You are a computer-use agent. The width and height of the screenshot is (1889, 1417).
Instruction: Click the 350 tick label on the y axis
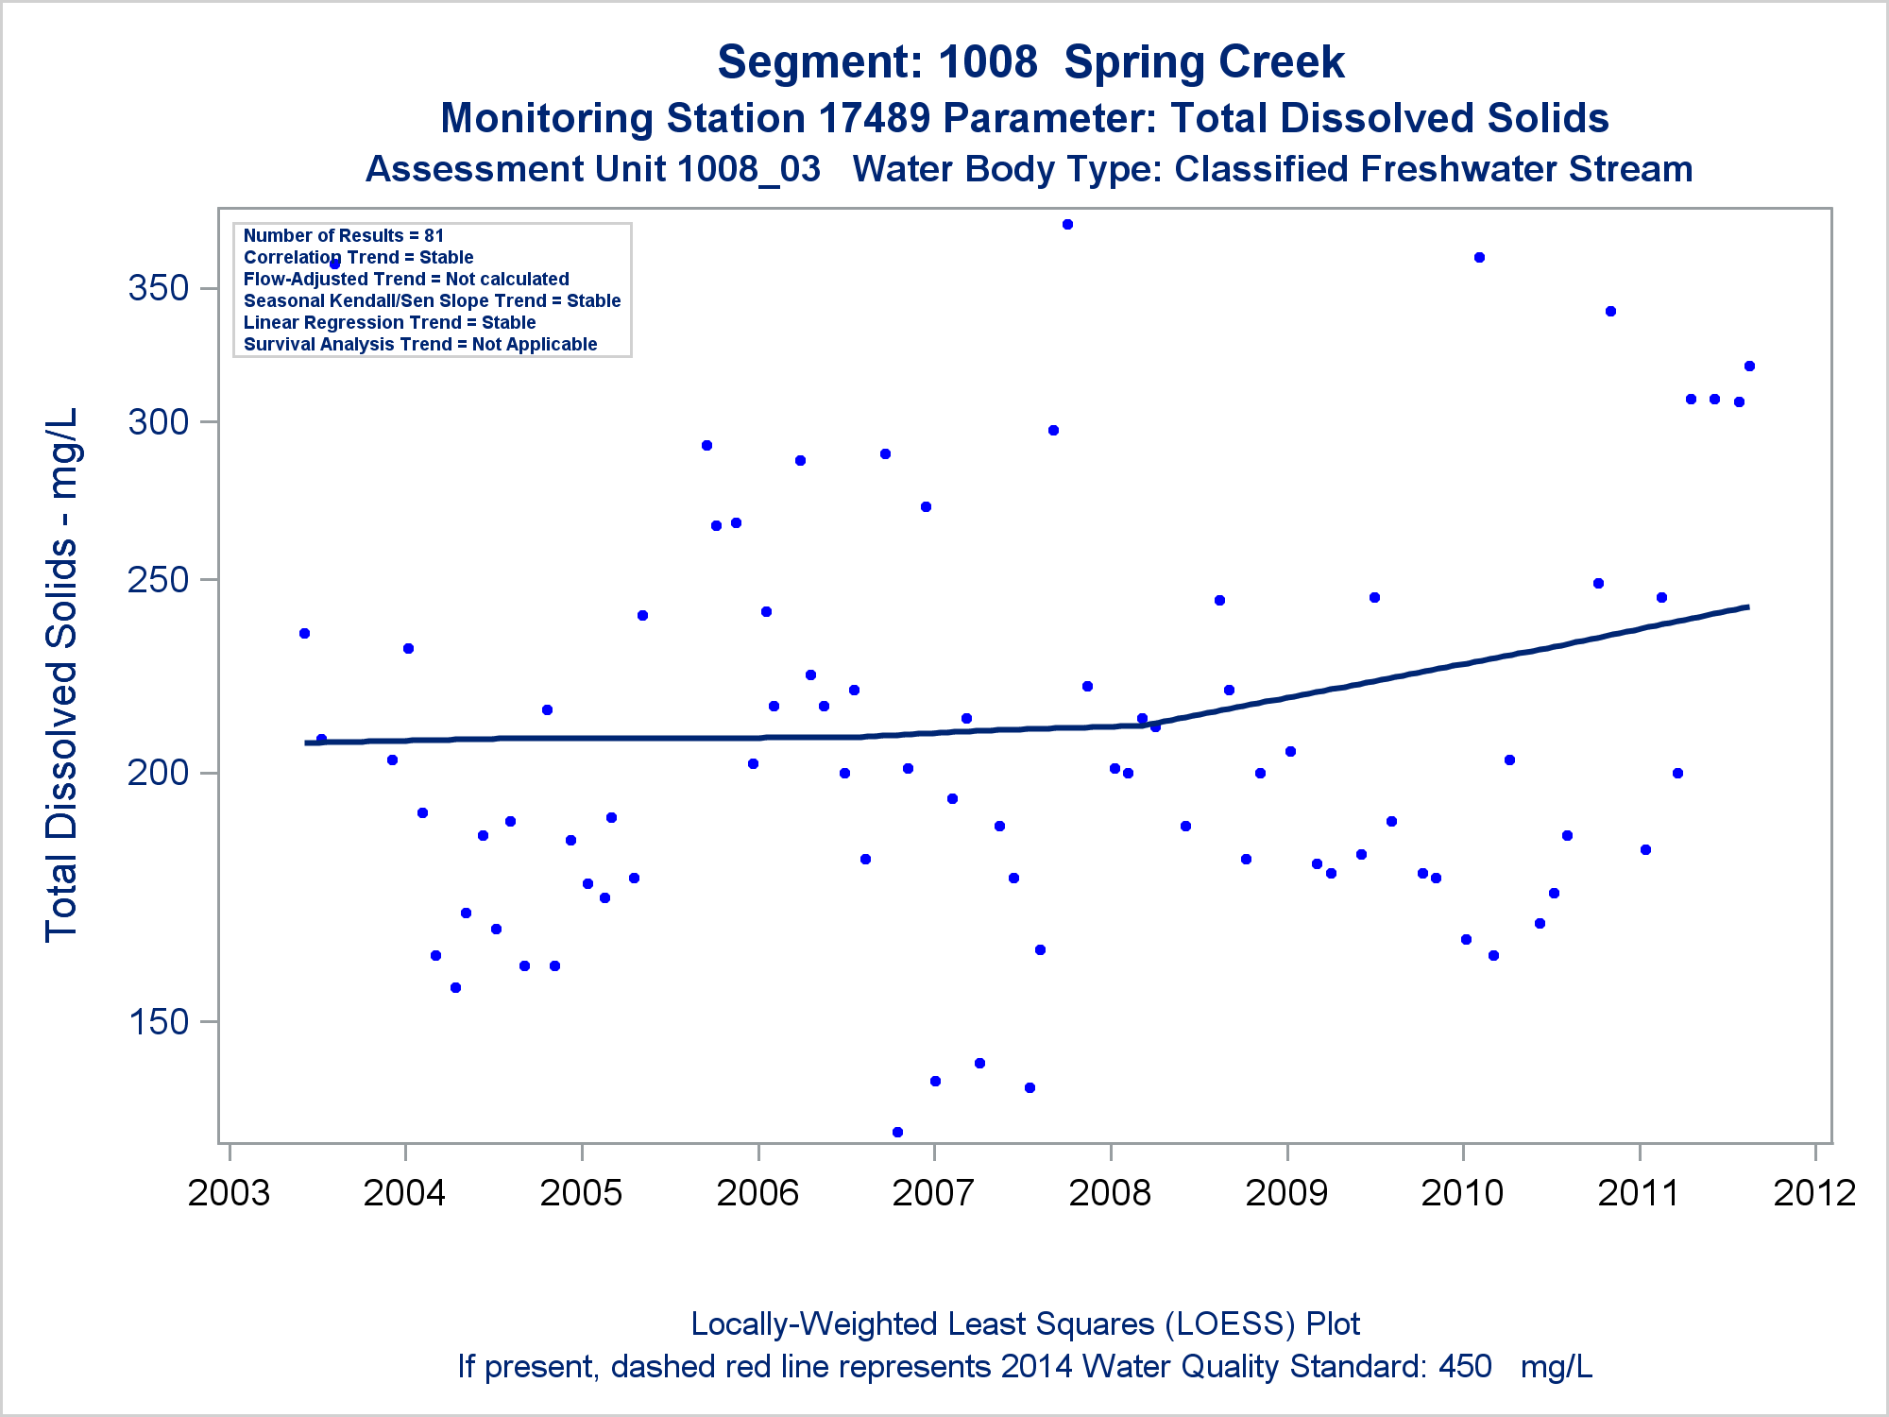[x=159, y=288]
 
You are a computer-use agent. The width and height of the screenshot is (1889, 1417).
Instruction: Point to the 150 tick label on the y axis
[x=159, y=1021]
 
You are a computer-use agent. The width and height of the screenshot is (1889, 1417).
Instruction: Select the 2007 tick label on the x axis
[x=933, y=1193]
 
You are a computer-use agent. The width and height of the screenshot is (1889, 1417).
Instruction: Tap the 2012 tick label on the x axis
[x=1814, y=1193]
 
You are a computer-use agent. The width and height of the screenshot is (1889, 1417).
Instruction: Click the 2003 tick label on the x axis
[x=229, y=1193]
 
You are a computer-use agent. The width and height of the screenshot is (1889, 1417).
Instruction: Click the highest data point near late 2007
[x=1067, y=225]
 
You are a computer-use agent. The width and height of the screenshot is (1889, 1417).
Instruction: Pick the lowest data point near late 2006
[x=897, y=1132]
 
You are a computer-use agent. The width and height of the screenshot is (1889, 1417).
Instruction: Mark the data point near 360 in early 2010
[x=1479, y=258]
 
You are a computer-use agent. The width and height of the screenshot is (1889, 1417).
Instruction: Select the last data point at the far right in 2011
[x=1749, y=367]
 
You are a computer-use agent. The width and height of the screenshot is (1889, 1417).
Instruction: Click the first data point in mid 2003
[x=304, y=634]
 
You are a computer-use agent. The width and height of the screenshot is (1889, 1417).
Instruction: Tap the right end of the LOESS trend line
[x=1748, y=606]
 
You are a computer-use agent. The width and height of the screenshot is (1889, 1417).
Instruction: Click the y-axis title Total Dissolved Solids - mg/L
[x=61, y=675]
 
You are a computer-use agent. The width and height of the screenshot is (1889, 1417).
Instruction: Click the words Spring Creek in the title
[x=1203, y=62]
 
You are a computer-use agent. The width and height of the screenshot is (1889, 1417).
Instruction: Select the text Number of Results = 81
[x=344, y=236]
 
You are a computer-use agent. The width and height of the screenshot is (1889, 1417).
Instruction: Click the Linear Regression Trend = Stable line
[x=389, y=323]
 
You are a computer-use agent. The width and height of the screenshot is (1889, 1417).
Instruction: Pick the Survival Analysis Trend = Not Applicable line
[x=420, y=345]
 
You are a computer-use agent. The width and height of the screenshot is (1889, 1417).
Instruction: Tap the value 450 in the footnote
[x=1465, y=1367]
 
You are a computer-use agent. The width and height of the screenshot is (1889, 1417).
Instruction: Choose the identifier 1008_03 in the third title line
[x=749, y=170]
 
